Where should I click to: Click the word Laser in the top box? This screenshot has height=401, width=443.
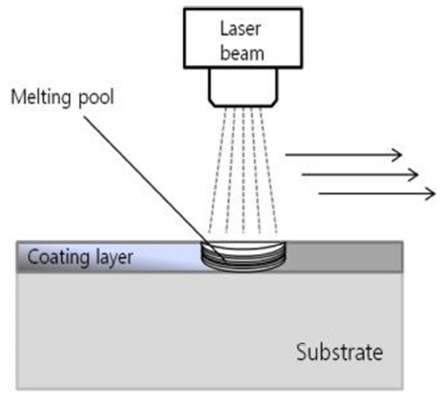pos(240,29)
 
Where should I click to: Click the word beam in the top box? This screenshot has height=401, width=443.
pos(242,53)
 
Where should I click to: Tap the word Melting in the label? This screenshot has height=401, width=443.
pos(40,98)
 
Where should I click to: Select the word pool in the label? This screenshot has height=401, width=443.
pos(96,98)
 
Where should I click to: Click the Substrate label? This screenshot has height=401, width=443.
pos(339,352)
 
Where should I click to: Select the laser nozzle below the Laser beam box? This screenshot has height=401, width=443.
pos(243,88)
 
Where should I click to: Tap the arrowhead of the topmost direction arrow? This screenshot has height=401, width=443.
pos(397,154)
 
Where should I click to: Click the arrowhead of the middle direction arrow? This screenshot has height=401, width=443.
pos(413,175)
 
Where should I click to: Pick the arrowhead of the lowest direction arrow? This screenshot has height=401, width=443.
pos(430,193)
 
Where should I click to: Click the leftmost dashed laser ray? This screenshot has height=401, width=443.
pos(217,171)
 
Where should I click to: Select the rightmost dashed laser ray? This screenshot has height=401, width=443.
pos(268,171)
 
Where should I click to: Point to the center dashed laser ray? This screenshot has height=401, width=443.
pos(243,171)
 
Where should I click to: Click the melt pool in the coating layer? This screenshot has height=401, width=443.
pos(243,257)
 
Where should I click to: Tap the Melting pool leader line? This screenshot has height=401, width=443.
pos(154,188)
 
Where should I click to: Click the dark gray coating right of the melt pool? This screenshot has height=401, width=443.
pos(344,257)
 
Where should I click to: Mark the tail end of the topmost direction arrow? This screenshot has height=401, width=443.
pos(286,154)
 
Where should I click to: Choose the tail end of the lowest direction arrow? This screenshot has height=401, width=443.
pos(319,193)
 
